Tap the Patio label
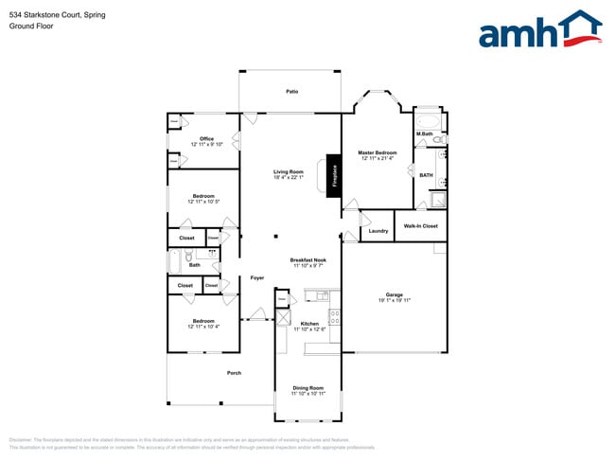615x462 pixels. (292, 91)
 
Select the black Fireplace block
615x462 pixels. (333, 175)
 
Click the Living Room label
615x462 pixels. (289, 171)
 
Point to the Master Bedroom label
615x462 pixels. (377, 152)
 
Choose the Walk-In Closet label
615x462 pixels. (420, 226)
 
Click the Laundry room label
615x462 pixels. (378, 231)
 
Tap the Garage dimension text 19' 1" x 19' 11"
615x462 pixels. (395, 300)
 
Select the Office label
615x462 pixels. (206, 139)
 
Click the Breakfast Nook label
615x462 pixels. (308, 259)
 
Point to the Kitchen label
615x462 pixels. (309, 323)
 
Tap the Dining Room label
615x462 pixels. (308, 387)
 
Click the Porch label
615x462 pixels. (234, 373)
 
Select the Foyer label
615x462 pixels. (256, 277)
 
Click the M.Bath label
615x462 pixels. (425, 134)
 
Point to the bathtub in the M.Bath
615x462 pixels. (428, 120)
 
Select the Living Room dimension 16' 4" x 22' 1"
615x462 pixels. (289, 178)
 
